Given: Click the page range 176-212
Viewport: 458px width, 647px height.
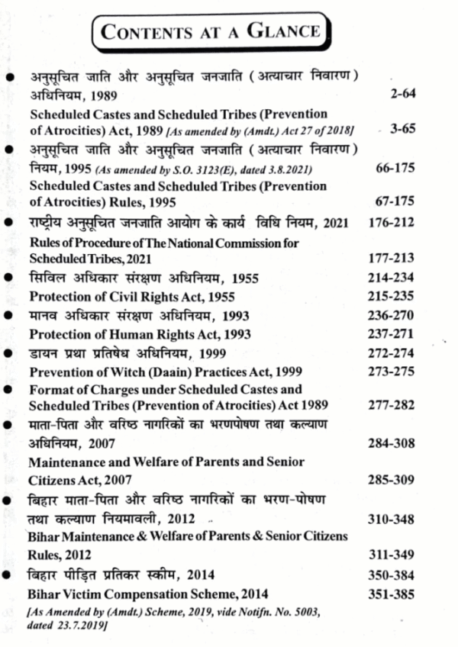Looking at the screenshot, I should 395,224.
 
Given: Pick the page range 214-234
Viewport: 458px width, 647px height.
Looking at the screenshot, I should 395,278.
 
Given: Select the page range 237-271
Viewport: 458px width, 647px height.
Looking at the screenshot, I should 395,335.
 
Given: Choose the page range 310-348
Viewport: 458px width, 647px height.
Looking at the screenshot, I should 395,520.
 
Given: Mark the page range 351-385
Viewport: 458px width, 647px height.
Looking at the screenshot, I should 395,594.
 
